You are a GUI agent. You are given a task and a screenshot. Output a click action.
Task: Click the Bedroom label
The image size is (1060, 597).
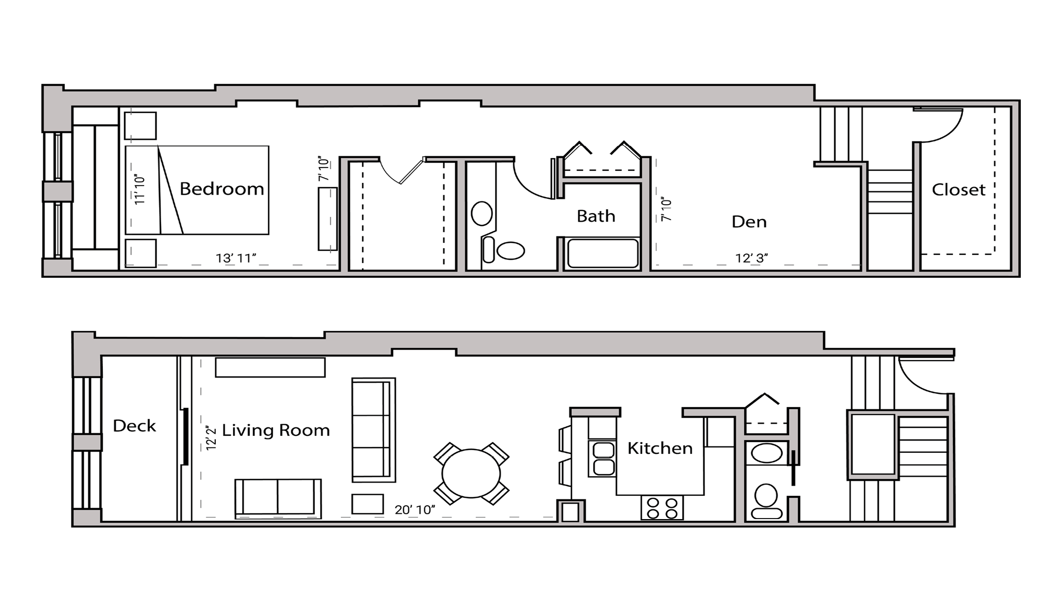tap(222, 189)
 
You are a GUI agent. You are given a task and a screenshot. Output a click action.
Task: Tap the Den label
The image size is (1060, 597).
tap(749, 222)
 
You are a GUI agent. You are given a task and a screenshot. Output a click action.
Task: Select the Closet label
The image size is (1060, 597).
tap(958, 190)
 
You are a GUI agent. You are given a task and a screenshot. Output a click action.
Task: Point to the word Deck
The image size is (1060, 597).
tap(134, 426)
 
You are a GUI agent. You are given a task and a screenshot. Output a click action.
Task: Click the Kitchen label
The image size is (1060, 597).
tap(660, 449)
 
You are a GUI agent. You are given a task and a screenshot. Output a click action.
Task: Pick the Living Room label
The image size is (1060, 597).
tap(276, 430)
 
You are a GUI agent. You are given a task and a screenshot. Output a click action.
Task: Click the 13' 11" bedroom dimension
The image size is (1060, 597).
tap(236, 258)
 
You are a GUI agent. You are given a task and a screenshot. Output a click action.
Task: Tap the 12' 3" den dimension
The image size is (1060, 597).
tap(752, 258)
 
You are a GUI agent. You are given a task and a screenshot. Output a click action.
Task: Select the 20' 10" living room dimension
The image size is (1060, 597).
tap(414, 510)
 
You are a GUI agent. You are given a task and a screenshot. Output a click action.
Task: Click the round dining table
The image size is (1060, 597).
tap(471, 473)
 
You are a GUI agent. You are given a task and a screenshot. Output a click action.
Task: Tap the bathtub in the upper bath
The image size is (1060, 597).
tap(602, 253)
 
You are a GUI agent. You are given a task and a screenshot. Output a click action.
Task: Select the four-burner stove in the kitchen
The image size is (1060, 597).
tap(662, 507)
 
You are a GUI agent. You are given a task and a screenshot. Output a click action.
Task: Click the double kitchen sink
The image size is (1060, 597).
tap(603, 459)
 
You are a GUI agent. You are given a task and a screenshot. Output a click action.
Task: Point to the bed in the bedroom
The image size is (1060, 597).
tap(197, 190)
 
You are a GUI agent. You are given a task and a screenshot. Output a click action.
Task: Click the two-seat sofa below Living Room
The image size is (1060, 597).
tap(278, 498)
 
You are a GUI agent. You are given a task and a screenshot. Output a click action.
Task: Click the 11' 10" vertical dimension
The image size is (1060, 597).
tap(139, 189)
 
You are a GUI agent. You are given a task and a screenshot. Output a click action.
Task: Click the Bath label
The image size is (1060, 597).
tap(596, 216)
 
